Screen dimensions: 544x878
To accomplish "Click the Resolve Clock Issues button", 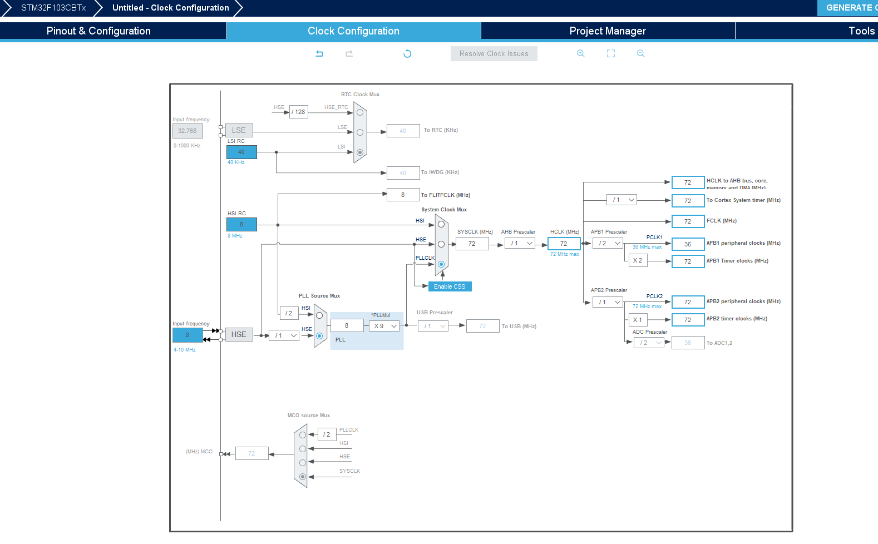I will (494, 53).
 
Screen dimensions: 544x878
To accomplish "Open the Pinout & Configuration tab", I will (98, 31).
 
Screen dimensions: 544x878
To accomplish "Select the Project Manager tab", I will (608, 31).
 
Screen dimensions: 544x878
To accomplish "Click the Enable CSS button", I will (450, 286).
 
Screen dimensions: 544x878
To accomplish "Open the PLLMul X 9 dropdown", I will (384, 326).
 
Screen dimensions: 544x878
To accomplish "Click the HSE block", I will (239, 334).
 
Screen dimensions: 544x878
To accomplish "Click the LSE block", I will (239, 130).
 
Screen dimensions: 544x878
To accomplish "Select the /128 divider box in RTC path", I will (299, 112).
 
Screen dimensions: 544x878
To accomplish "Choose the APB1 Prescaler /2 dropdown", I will (608, 243).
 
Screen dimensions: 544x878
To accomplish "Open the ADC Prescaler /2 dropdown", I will (649, 343).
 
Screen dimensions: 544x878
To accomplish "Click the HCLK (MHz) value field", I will (564, 244).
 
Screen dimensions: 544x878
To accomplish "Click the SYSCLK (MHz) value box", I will (472, 244).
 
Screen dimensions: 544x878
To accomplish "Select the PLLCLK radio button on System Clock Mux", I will (441, 264).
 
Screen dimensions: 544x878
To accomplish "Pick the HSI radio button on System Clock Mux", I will (441, 224).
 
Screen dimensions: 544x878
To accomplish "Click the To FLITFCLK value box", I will (403, 195).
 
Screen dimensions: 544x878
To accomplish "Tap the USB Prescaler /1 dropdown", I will (433, 326).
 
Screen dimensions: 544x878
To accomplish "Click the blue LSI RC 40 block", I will (241, 152).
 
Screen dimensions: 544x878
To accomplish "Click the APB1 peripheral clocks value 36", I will (688, 244).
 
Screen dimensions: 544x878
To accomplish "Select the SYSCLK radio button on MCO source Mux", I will (303, 477).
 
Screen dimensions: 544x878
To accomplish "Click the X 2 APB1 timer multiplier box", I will (638, 260).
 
